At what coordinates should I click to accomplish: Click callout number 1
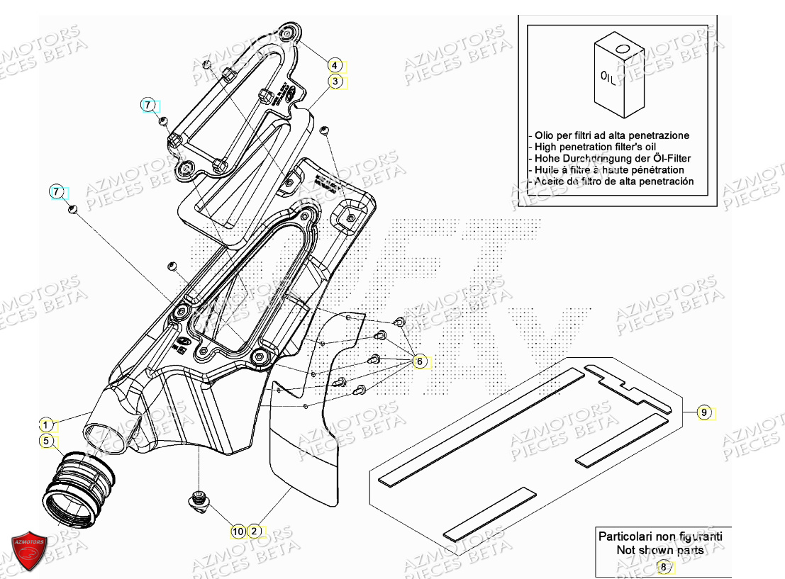pos(45,425)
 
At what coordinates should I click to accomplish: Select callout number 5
pos(45,442)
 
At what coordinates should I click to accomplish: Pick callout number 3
pos(334,82)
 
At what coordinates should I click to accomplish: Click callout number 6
pos(419,361)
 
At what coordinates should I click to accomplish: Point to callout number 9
pos(703,412)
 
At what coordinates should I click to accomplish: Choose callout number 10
pos(238,531)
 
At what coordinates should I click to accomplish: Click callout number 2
pos(254,531)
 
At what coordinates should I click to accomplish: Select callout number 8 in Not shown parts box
pos(664,566)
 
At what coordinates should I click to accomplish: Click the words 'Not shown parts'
pos(660,550)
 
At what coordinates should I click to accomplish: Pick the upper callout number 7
pos(147,105)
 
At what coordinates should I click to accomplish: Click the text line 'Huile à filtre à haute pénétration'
pos(606,170)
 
